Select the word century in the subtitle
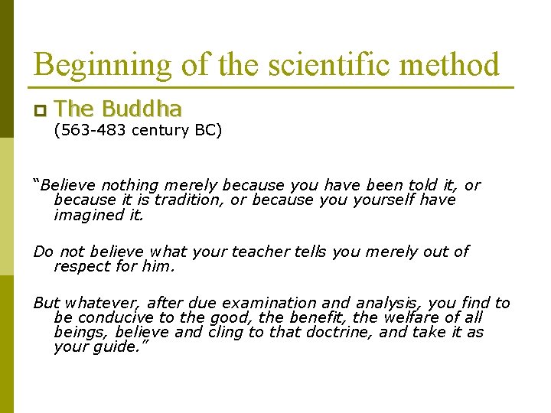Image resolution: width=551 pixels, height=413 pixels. pos(160,130)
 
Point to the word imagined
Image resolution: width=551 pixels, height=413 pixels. pos(86,215)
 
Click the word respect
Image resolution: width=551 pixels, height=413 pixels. pos(80,267)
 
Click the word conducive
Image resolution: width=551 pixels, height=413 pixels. pos(108,317)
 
